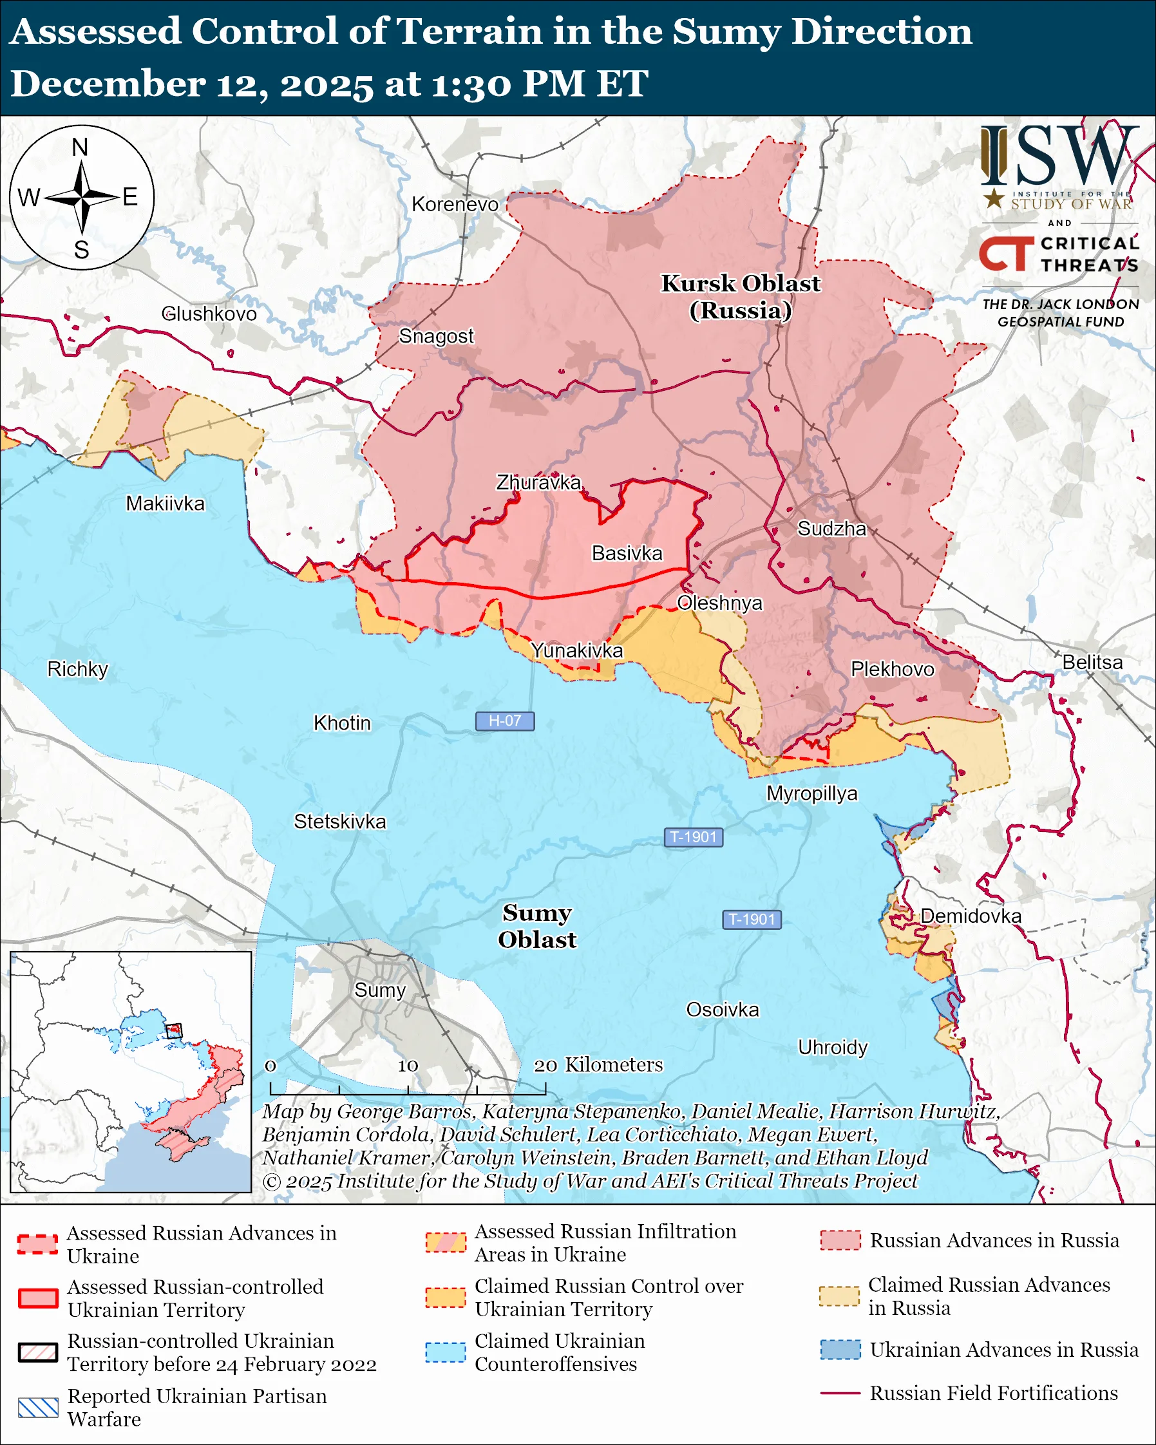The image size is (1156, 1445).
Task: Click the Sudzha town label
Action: (831, 529)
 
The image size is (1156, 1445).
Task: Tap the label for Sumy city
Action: (380, 990)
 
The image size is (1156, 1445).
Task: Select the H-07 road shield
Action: (505, 721)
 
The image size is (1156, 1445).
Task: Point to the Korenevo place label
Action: (455, 204)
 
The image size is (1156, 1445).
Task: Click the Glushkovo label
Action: (209, 314)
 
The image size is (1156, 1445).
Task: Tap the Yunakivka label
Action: (576, 650)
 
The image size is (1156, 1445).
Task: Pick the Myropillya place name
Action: (811, 793)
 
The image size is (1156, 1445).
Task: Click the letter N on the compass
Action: (80, 147)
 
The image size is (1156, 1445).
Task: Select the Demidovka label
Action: (971, 916)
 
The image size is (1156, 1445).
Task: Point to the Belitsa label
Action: (1092, 662)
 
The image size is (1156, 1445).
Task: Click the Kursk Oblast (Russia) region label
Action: (741, 297)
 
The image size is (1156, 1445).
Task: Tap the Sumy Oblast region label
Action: (537, 926)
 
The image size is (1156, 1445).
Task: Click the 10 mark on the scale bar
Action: (408, 1066)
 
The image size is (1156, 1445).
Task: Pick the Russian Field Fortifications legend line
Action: (840, 1393)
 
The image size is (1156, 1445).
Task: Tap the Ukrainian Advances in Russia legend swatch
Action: (840, 1349)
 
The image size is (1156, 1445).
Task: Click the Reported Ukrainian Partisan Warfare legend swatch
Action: (38, 1408)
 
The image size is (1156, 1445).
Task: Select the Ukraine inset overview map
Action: (131, 1072)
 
